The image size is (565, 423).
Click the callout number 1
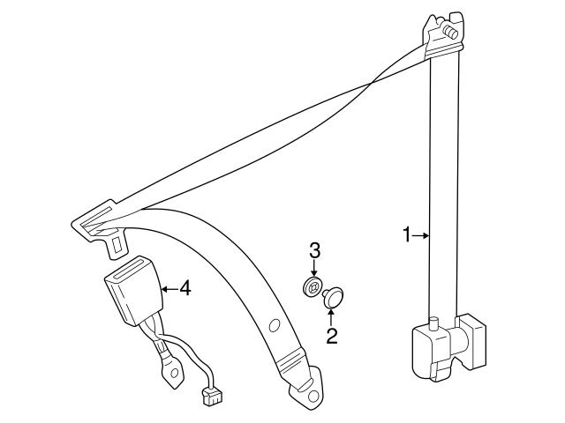407,234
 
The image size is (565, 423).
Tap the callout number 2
332,335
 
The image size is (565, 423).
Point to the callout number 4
185,287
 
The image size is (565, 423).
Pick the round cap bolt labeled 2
335,297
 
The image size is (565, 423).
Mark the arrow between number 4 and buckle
169,287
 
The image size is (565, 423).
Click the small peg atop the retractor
433,322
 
